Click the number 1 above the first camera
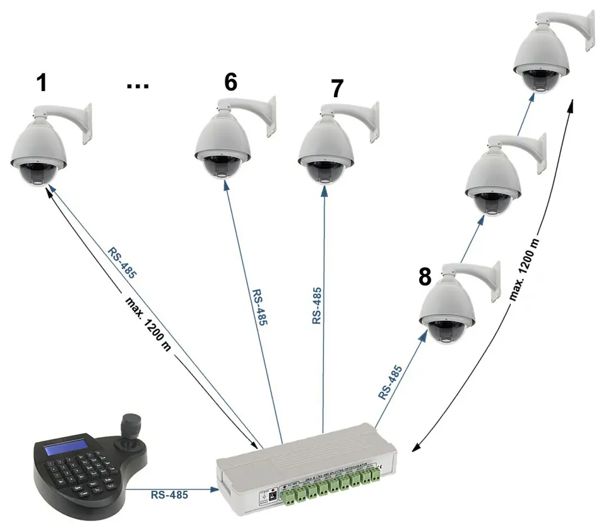click(42, 83)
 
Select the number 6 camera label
click(231, 82)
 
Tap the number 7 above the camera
click(338, 89)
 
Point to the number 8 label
click(425, 276)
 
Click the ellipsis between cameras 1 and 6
click(138, 85)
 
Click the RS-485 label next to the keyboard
click(169, 495)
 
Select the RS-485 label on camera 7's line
click(317, 306)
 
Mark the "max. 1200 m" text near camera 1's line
click(146, 324)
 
